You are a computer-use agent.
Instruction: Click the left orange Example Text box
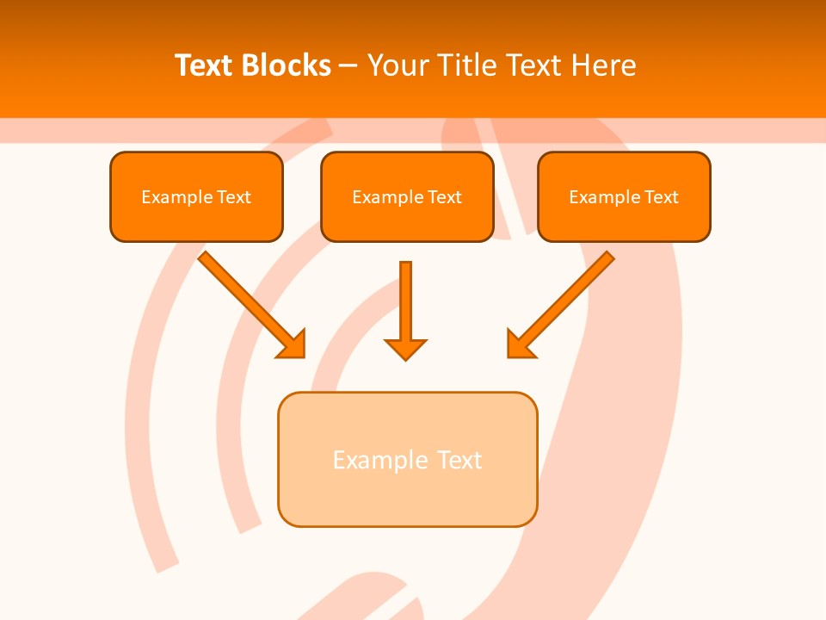pyautogui.click(x=196, y=196)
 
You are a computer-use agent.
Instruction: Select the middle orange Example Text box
pyautogui.click(x=407, y=196)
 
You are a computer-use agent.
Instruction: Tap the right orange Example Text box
pyautogui.click(x=624, y=196)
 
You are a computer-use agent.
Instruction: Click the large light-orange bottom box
pyautogui.click(x=407, y=459)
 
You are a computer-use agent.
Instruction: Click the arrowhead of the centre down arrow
pyautogui.click(x=405, y=349)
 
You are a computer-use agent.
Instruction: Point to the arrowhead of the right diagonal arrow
pyautogui.click(x=519, y=345)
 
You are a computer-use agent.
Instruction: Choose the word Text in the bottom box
pyautogui.click(x=459, y=460)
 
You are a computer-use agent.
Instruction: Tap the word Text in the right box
pyautogui.click(x=661, y=197)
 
